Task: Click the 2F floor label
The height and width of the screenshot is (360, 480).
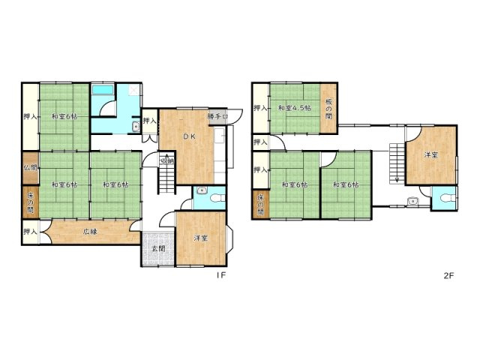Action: [448, 276]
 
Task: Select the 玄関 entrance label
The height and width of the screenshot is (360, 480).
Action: [157, 249]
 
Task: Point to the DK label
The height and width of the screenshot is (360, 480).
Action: [189, 136]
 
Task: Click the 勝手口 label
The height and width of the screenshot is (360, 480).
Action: [217, 116]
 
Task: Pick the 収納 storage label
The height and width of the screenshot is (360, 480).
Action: [166, 160]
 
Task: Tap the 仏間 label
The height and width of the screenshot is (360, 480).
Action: [29, 167]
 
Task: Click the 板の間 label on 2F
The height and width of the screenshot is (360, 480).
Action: [328, 109]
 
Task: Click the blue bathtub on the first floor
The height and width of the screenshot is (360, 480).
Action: [101, 94]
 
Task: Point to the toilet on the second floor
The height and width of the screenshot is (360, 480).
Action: [447, 198]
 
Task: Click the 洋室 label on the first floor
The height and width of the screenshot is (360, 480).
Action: [200, 238]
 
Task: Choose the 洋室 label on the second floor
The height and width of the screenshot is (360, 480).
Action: [430, 155]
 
